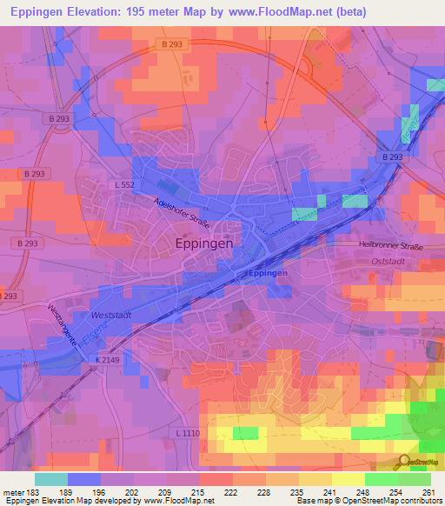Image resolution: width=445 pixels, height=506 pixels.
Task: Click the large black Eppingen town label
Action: click(204, 244)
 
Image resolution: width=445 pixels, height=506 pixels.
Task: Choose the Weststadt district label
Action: click(110, 315)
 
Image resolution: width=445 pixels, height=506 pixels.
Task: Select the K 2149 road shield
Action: click(109, 358)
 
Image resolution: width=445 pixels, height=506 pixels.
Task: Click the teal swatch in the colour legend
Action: click(50, 479)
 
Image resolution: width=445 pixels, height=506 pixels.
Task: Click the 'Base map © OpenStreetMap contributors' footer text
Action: click(369, 501)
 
